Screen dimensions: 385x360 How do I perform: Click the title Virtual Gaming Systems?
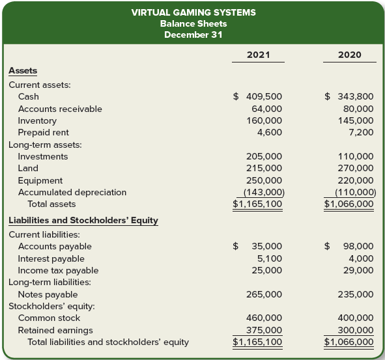(193, 12)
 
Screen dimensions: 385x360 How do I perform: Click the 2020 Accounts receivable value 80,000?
(357, 109)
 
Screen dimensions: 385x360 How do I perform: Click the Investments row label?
(42, 156)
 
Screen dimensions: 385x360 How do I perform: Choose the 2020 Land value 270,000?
(354, 168)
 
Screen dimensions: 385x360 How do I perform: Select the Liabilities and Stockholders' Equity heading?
(83, 220)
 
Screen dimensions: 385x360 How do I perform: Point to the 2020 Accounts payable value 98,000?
(357, 246)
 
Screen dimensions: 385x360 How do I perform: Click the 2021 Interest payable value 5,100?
(270, 258)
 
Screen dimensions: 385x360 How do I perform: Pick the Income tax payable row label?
(58, 270)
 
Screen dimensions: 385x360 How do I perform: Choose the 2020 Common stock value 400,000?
(354, 318)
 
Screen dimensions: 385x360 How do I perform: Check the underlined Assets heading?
(23, 70)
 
